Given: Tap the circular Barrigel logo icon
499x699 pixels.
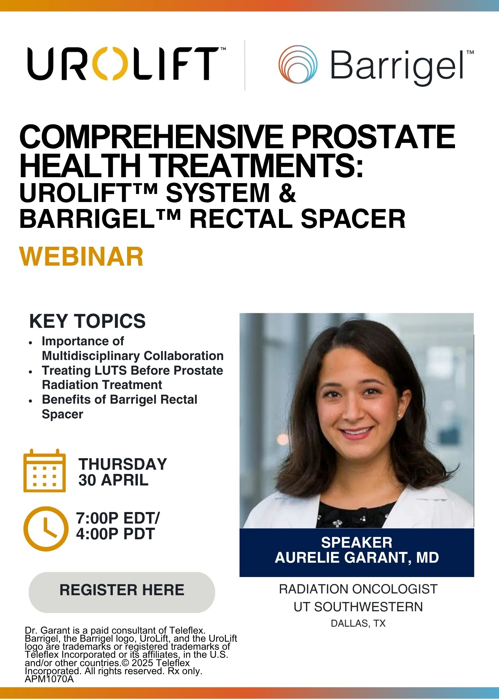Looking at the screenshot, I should click(298, 64).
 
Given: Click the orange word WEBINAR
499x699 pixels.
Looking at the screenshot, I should click(81, 257).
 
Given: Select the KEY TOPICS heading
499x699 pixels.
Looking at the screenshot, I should click(87, 321).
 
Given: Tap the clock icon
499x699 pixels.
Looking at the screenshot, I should click(46, 528).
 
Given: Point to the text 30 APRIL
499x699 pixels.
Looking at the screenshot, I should click(113, 480).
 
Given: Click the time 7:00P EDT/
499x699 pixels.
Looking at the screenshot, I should click(118, 518).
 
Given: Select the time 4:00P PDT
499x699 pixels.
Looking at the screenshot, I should click(115, 534).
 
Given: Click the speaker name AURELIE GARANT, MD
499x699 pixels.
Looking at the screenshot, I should click(357, 558).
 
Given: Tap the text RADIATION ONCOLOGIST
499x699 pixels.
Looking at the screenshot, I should click(358, 589).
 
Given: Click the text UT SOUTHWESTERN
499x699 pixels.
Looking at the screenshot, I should click(358, 607).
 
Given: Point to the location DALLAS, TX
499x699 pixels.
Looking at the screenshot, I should click(358, 624).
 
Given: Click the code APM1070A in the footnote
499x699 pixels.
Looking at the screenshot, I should click(49, 679).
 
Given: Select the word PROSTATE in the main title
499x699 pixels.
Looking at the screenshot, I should click(373, 137).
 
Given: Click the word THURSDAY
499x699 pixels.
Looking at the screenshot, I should click(123, 464).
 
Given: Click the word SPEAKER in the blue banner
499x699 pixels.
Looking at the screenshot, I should click(357, 542).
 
